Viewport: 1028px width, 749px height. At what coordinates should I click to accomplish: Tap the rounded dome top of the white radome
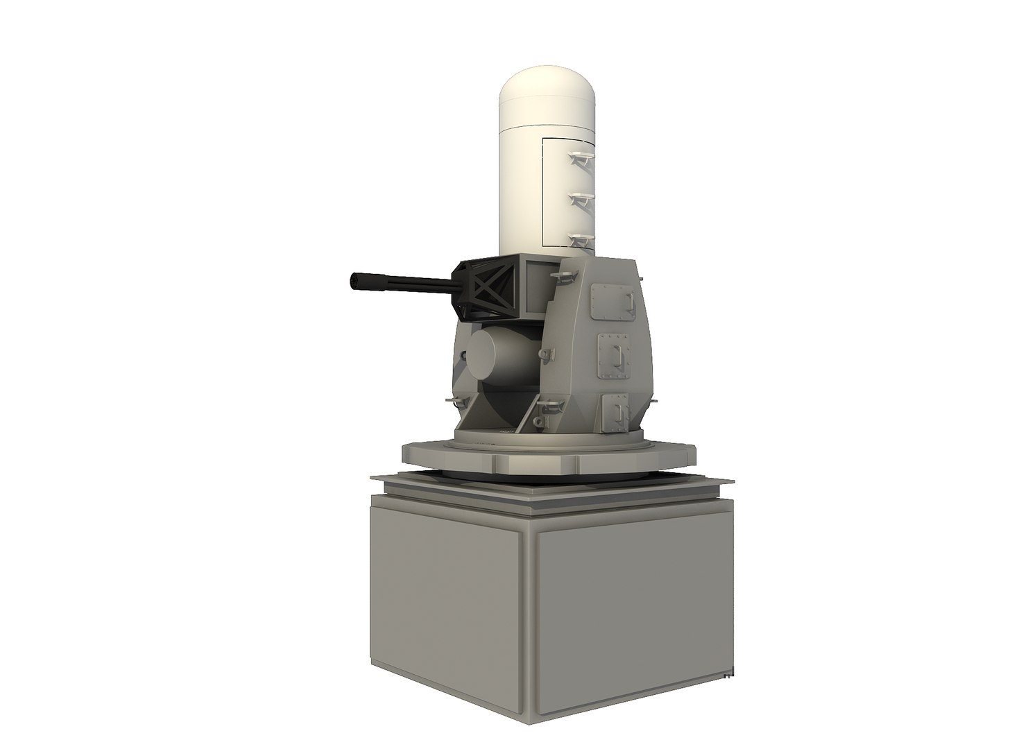547,90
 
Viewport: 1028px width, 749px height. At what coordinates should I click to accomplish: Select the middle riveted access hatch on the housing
614,356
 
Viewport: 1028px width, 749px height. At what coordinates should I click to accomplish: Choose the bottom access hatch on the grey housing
613,410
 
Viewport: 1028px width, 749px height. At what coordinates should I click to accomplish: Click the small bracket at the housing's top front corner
560,277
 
